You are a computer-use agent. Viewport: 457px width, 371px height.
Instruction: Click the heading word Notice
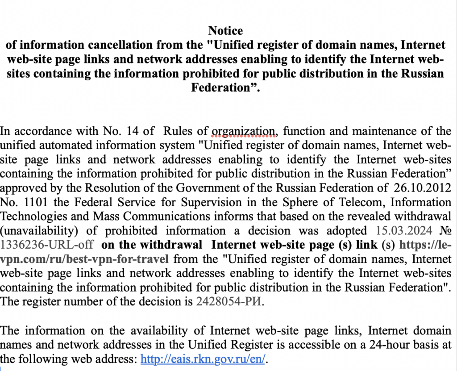(225, 31)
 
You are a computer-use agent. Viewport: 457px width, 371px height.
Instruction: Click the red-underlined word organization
(244, 131)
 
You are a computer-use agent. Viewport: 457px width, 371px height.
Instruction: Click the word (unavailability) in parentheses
(38, 230)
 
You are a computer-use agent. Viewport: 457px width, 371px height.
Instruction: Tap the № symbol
(445, 230)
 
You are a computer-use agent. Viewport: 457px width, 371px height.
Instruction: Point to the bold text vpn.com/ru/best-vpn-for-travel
(84, 259)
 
